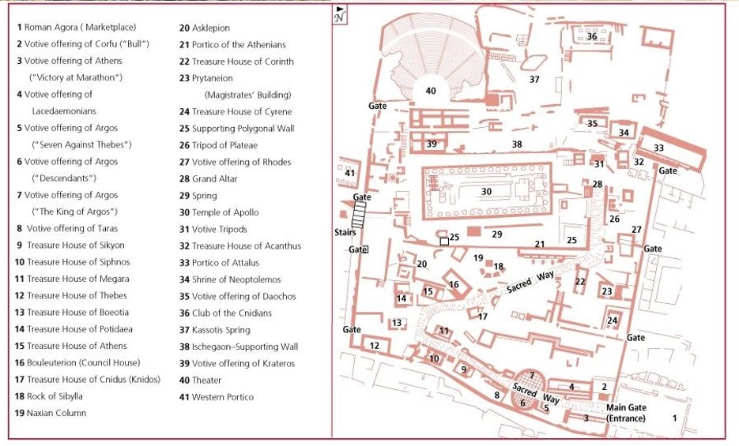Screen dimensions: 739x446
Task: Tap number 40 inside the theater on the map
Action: pos(431,91)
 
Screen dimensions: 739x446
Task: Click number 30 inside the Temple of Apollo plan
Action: pos(486,192)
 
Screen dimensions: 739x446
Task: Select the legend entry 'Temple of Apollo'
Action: pos(219,212)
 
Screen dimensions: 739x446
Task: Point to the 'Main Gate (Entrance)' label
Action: pos(626,413)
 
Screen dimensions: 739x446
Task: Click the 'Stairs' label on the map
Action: pos(345,232)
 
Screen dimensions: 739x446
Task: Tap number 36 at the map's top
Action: pos(591,36)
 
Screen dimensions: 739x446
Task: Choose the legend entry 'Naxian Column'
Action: pos(51,413)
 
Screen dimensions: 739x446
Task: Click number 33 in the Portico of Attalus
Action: pos(658,148)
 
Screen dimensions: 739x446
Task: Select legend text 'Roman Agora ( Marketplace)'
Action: pos(77,28)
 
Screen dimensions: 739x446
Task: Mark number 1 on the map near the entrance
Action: pos(674,418)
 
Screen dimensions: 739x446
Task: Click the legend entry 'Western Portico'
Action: pos(217,397)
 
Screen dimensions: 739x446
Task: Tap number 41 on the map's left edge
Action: pos(349,173)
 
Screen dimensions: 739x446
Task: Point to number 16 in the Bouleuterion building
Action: pos(454,284)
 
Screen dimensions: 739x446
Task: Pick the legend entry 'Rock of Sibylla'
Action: pos(48,396)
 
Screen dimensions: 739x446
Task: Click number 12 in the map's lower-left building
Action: pos(374,346)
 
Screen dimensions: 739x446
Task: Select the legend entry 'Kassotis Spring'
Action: pos(214,330)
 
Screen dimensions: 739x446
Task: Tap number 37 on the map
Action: pos(534,80)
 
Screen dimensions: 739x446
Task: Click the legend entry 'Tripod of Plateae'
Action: pos(218,145)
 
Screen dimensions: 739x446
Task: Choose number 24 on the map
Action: pos(613,320)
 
